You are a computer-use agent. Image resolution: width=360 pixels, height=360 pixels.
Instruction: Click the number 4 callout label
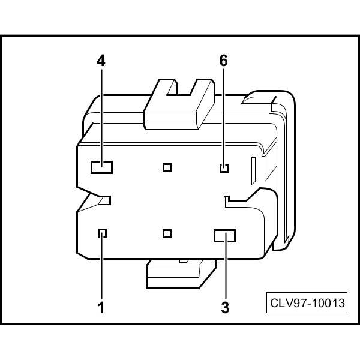tap(101, 61)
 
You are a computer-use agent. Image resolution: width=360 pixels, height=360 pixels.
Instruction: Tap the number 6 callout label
tap(224, 61)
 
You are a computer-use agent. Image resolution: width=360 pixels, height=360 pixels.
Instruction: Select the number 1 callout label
tap(101, 308)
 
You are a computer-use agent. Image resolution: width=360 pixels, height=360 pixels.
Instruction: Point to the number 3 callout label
tap(224, 308)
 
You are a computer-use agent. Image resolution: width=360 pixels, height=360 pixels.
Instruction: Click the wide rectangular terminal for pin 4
tap(101, 167)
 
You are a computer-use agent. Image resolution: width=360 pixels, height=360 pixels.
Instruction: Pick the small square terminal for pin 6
tap(224, 167)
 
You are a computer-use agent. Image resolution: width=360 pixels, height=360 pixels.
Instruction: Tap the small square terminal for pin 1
tap(102, 233)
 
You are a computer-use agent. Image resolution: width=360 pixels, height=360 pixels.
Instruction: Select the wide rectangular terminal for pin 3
tap(224, 235)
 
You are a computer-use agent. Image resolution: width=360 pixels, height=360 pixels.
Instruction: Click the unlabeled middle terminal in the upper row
tap(167, 167)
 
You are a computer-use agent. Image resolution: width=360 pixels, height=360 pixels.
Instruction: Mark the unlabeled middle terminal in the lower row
tap(167, 233)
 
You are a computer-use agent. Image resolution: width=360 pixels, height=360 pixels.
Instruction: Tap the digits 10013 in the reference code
tap(328, 303)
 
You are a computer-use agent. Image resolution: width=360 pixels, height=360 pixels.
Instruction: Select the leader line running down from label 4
tap(101, 114)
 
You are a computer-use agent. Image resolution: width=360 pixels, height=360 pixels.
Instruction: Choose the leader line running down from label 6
tap(224, 114)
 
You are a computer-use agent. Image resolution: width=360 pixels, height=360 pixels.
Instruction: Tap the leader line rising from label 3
tap(224, 270)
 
